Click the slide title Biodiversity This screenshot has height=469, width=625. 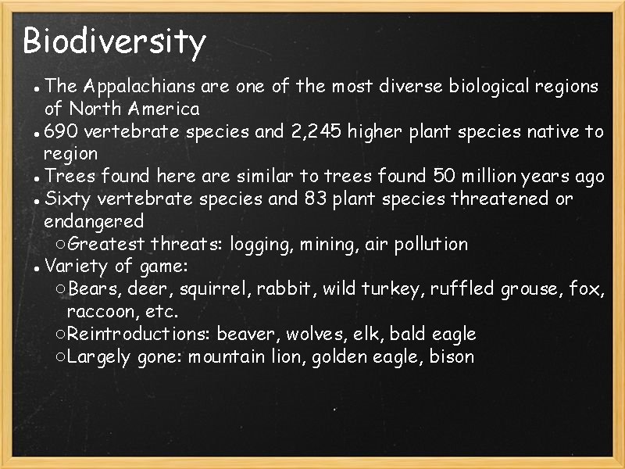[114, 41]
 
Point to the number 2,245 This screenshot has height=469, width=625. [317, 131]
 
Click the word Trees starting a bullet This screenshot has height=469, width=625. [69, 176]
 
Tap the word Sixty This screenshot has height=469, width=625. [67, 199]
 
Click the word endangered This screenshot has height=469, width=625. [94, 221]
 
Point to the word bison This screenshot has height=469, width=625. [452, 357]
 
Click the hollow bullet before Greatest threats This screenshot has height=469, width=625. [61, 245]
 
